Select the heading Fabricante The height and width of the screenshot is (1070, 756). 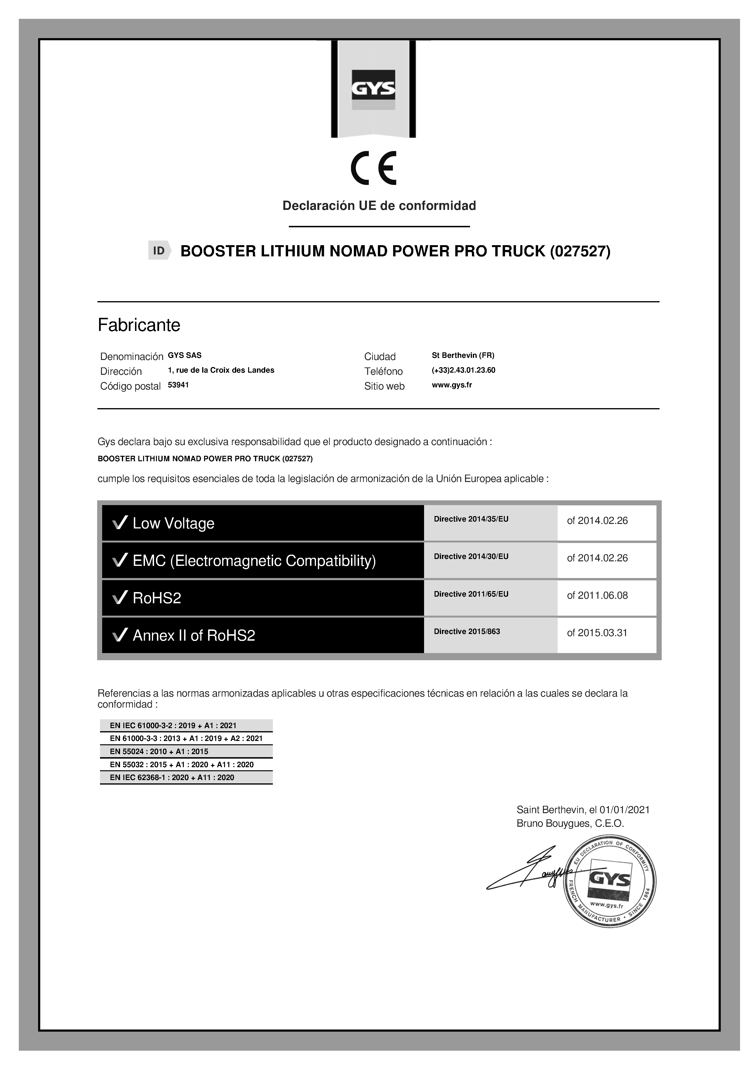139,325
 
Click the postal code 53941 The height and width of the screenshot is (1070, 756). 178,385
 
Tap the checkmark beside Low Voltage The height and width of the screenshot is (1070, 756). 120,523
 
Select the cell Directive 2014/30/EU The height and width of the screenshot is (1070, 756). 471,556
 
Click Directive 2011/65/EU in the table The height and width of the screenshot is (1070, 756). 471,594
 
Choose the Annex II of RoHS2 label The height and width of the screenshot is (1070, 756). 194,635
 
